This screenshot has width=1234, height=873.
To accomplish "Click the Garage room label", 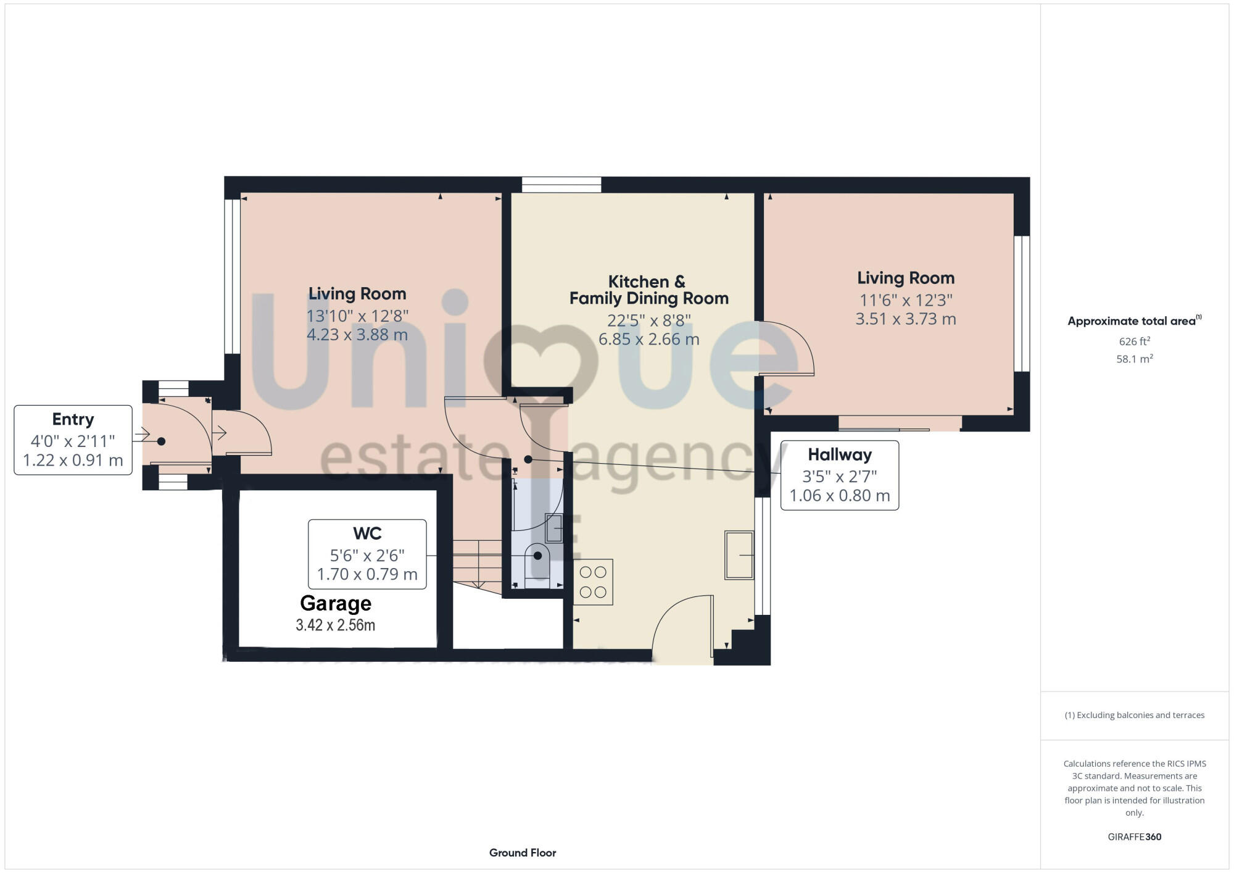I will click(x=336, y=603).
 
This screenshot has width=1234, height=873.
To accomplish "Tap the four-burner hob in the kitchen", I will click(x=593, y=582).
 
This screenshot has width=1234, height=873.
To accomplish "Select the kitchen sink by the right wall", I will click(x=739, y=555).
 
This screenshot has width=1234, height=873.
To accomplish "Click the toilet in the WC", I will click(x=537, y=558).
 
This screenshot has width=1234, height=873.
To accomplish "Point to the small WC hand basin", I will click(x=553, y=528).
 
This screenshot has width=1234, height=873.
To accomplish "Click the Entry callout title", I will click(x=73, y=419).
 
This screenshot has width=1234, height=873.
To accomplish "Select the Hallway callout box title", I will click(x=839, y=454).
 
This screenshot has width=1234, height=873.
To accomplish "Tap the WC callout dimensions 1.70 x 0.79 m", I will click(x=367, y=574).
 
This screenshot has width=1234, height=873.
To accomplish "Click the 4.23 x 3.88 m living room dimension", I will click(x=357, y=335).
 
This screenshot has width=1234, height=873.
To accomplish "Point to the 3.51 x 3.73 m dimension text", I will click(x=905, y=319).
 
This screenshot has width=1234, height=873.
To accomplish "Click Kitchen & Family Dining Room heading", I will click(x=648, y=290).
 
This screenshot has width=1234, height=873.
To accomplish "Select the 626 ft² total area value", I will click(x=1134, y=341).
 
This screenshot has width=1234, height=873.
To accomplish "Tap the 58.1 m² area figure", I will click(x=1134, y=359).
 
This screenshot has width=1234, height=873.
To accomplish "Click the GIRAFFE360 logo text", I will click(x=1134, y=837).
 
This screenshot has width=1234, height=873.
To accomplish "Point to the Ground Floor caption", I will click(x=523, y=853).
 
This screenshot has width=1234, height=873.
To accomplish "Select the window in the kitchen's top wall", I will click(x=561, y=185).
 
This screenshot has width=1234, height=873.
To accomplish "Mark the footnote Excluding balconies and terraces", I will click(x=1134, y=715).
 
